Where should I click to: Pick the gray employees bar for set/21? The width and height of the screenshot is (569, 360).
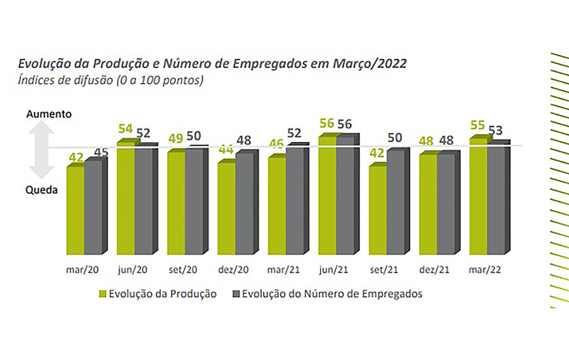tap(394, 203)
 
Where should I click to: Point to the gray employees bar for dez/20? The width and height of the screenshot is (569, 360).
tap(244, 204)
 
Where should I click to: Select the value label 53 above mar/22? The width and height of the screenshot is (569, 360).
tap(496, 130)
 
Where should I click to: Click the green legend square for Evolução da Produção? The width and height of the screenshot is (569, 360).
tap(103, 294)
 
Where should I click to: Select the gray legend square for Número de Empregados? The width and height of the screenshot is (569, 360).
tap(236, 294)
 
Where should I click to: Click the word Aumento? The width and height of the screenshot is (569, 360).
tap(49, 114)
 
